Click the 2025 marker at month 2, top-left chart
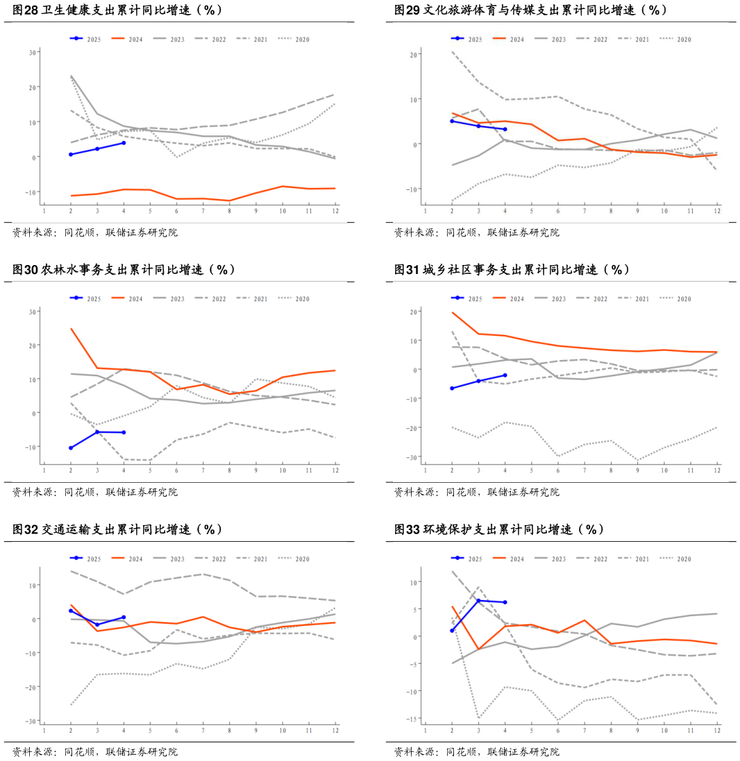[x=71, y=154]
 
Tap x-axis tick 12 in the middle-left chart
[x=335, y=471]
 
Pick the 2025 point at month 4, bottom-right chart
[x=505, y=602]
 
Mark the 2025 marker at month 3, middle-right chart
[x=478, y=381]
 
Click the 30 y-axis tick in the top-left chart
[x=33, y=52]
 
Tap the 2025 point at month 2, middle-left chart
[x=71, y=448]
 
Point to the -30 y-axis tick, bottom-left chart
[x=31, y=721]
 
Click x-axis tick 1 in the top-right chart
[x=426, y=211]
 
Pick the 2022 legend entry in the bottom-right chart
[x=600, y=559]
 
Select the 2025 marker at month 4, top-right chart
[x=505, y=129]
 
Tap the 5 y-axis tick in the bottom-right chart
[x=414, y=610]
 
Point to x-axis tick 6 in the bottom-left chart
[x=176, y=730]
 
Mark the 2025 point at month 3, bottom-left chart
[x=97, y=624]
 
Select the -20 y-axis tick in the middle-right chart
[x=412, y=428]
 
